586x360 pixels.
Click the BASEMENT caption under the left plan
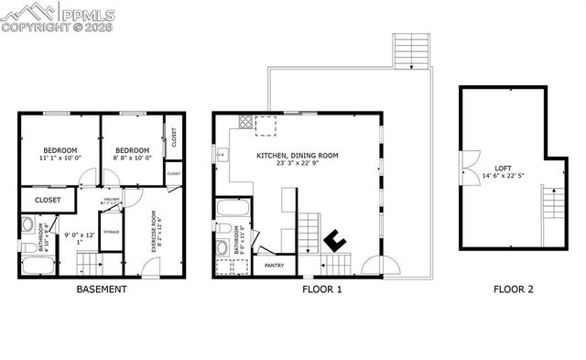tap(101, 289)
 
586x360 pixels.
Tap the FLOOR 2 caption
tap(514, 289)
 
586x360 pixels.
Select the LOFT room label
tap(503, 168)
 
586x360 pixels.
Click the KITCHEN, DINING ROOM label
tap(298, 156)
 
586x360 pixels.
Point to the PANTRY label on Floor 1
tap(274, 266)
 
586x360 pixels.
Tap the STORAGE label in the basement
tap(112, 232)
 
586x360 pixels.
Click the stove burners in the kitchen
tap(245, 122)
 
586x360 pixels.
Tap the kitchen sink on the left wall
tap(222, 155)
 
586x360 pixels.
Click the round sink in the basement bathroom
tap(27, 224)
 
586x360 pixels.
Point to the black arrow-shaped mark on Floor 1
tap(335, 240)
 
